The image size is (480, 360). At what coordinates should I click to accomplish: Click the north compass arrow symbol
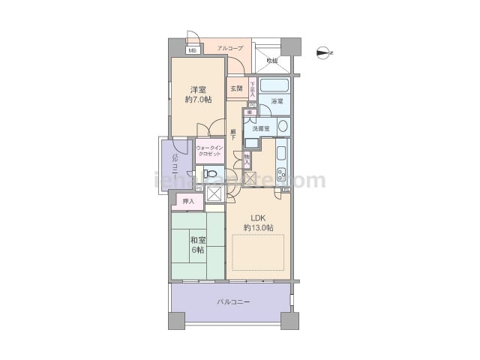[x=324, y=52]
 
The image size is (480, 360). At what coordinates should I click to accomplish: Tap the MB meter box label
[x=192, y=51]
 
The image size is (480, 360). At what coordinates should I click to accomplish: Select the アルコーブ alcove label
[x=230, y=48]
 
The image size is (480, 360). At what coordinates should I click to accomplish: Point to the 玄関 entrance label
[x=236, y=88]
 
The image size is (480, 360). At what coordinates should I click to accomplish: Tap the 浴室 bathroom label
[x=277, y=100]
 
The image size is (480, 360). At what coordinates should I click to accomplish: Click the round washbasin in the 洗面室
[x=283, y=126]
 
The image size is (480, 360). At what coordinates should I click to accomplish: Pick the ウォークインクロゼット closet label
[x=210, y=151]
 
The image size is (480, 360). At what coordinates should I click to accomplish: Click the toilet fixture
[x=211, y=173]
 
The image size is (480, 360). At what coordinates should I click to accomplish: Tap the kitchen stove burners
[x=281, y=176]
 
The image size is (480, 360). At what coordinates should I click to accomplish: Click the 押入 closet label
[x=189, y=201]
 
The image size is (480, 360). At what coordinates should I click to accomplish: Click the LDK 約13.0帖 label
[x=257, y=222]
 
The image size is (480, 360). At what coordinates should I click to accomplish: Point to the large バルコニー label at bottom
[x=233, y=301]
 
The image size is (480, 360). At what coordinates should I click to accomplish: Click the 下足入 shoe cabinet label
[x=253, y=90]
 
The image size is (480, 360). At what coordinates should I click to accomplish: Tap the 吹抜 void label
[x=271, y=61]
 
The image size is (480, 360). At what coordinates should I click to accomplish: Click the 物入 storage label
[x=247, y=159]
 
